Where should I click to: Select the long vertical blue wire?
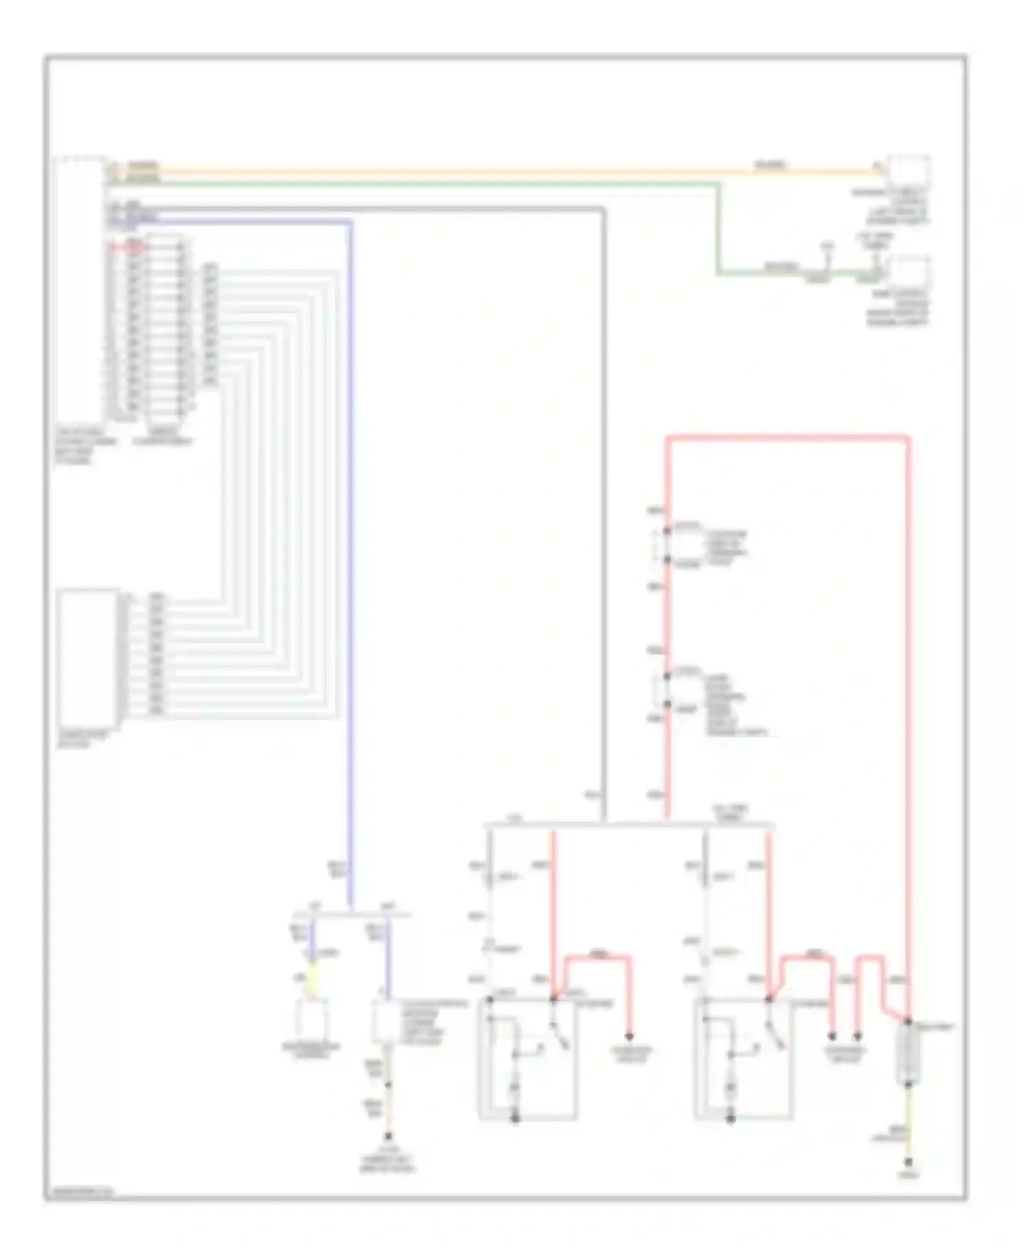(x=350, y=550)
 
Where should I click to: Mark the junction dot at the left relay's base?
(x=515, y=1119)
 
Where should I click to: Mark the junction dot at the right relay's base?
(x=731, y=1119)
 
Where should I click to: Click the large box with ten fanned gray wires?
(x=87, y=657)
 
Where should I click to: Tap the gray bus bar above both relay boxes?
(x=628, y=824)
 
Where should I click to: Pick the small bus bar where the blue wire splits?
(x=352, y=915)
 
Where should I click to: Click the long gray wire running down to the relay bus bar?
(x=604, y=515)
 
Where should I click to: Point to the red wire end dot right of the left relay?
(x=628, y=1035)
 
